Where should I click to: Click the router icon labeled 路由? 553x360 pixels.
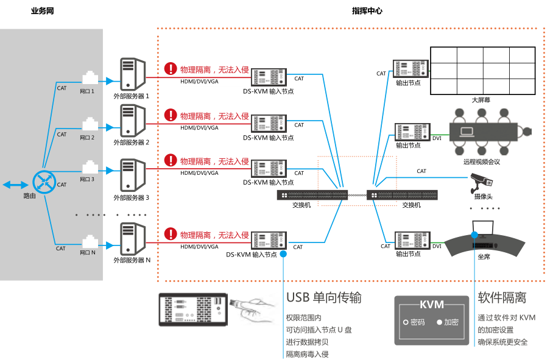click(x=43, y=182)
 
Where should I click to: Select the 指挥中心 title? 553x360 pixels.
click(x=367, y=11)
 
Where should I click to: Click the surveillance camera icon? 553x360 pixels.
click(x=484, y=180)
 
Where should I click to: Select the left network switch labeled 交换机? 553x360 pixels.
click(x=312, y=195)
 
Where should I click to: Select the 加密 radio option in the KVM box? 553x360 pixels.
click(x=446, y=322)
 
